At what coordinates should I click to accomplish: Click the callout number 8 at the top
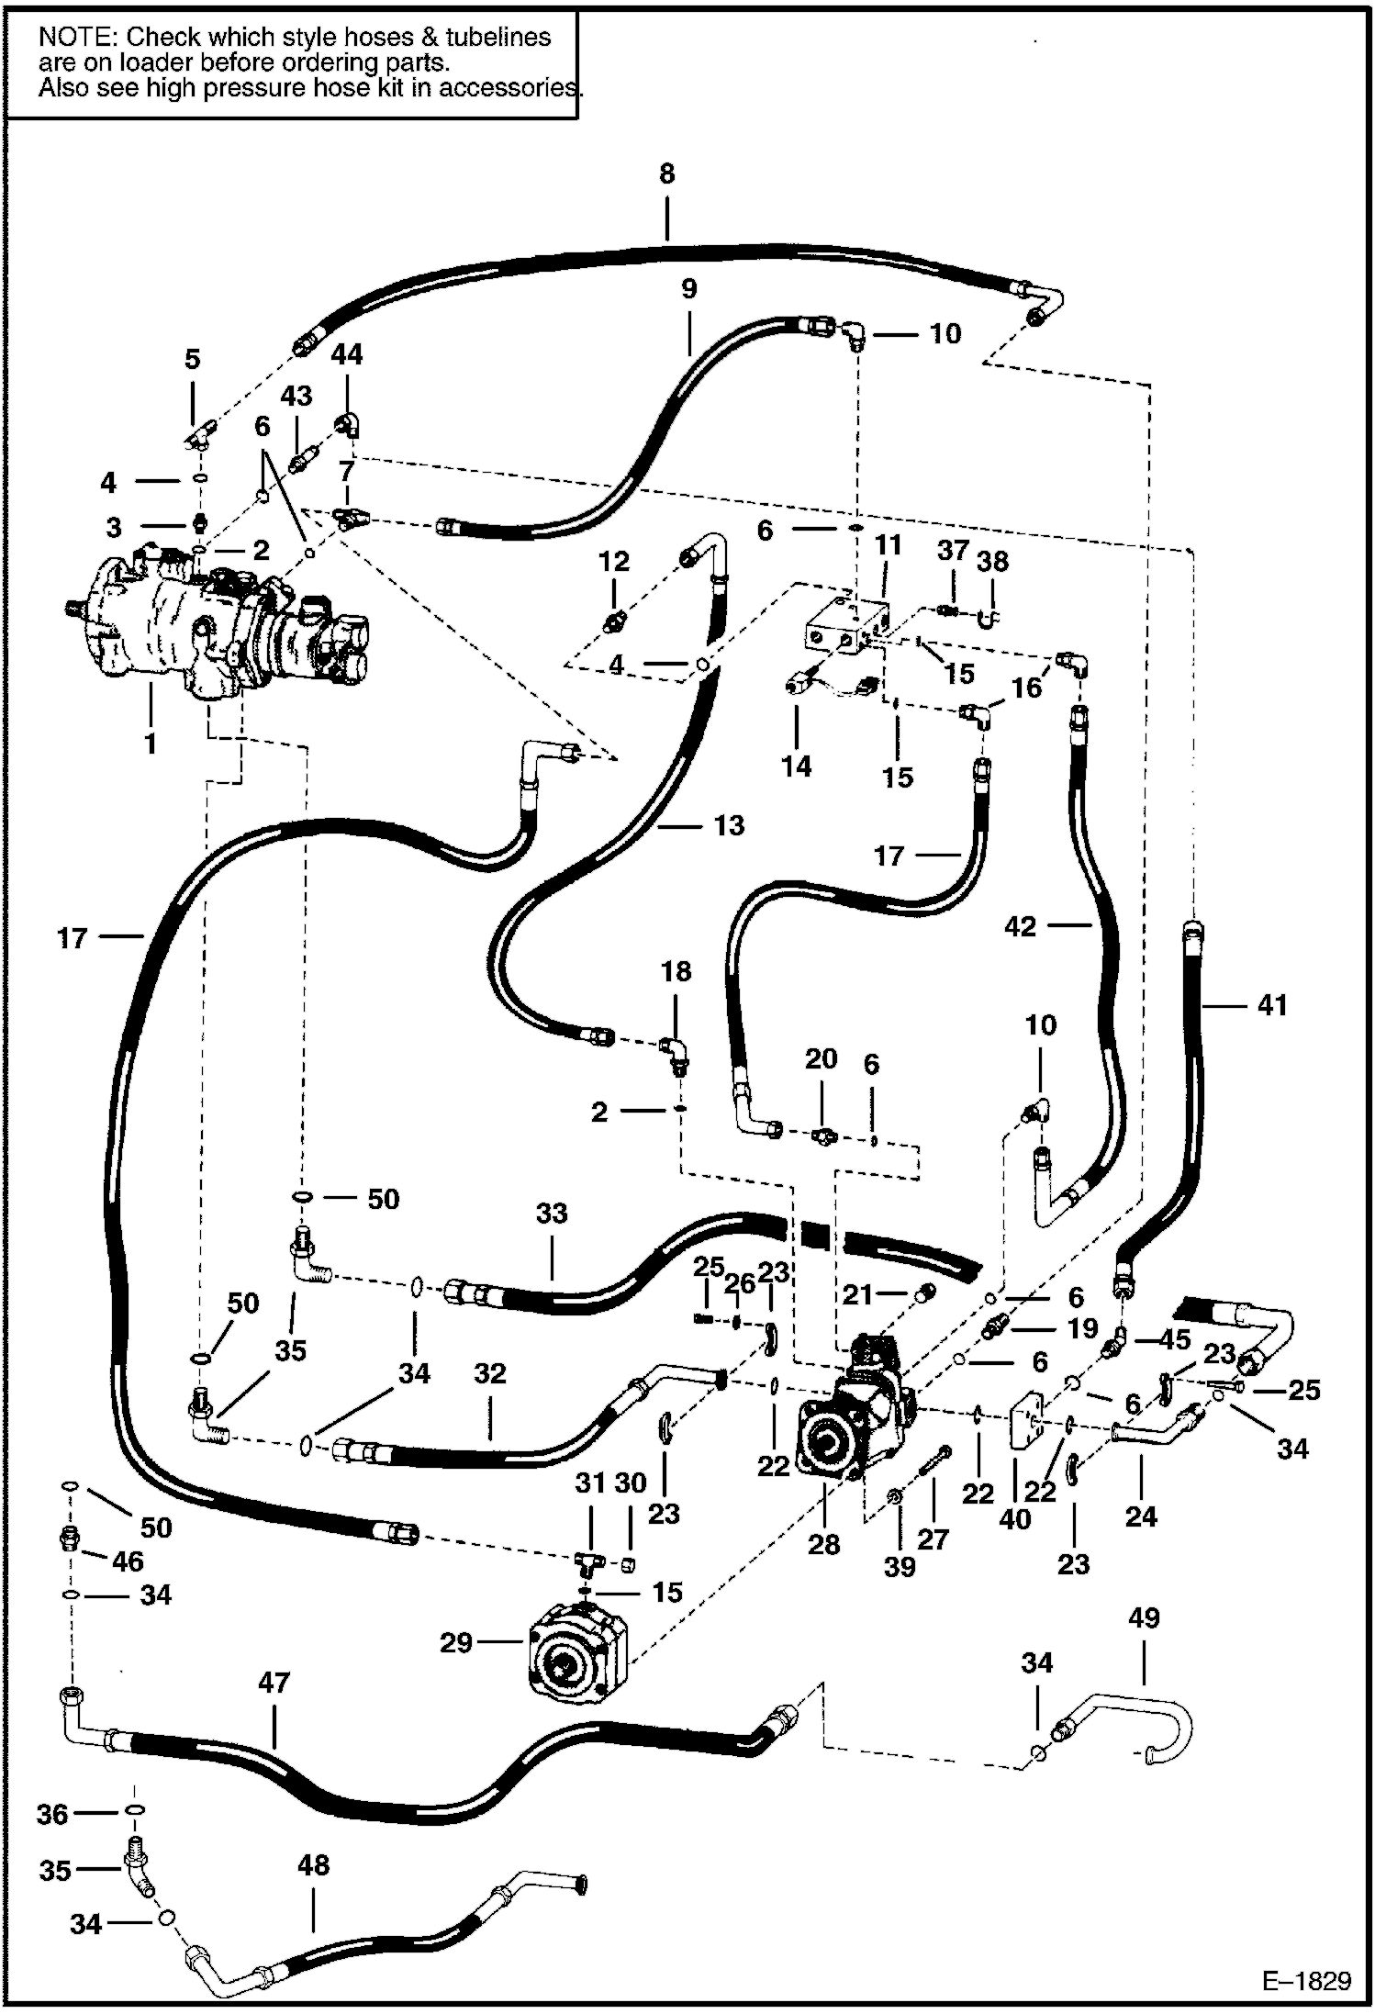666,173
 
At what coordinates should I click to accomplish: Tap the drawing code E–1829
1307,1981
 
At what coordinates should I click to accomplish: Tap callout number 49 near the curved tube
1144,1617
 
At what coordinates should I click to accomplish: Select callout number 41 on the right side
1272,1006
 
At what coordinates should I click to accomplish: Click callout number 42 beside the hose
1021,926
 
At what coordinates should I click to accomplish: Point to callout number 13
729,825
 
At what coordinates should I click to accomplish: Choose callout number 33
552,1214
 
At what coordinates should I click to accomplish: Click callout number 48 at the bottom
313,1865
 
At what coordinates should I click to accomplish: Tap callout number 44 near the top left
347,354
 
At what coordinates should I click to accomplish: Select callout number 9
689,289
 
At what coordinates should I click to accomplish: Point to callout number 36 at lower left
53,1814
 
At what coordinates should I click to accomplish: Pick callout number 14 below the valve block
796,766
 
